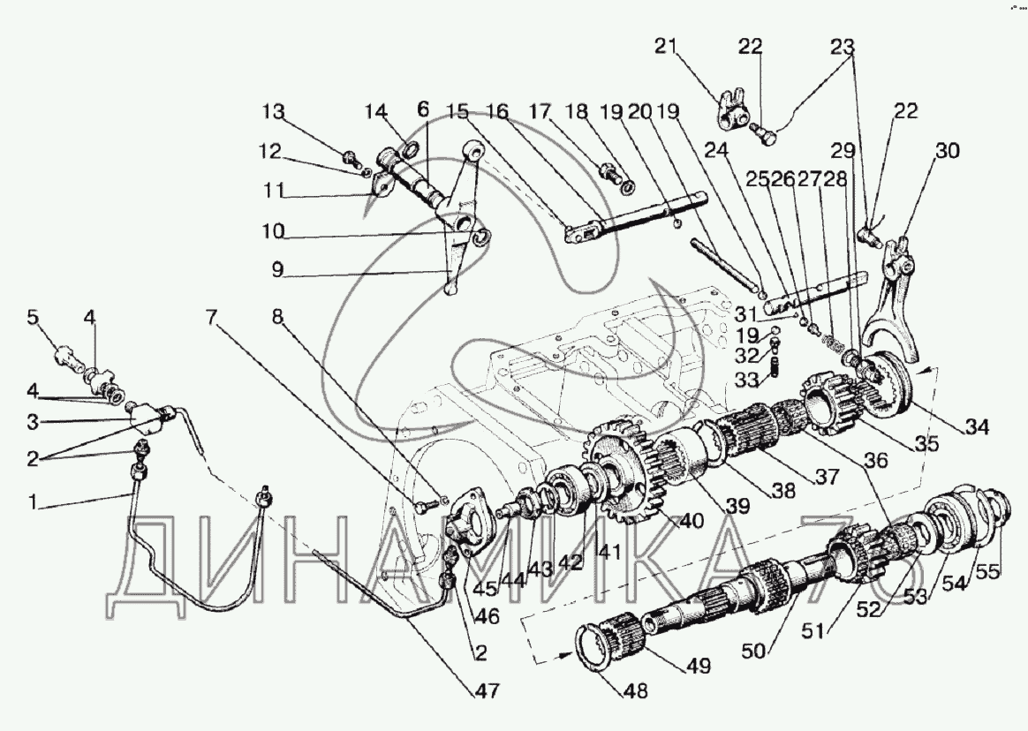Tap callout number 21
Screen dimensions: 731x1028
coord(665,47)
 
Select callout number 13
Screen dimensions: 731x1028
coord(275,111)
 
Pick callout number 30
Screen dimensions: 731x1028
coord(948,151)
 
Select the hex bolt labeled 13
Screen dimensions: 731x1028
coord(351,159)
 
